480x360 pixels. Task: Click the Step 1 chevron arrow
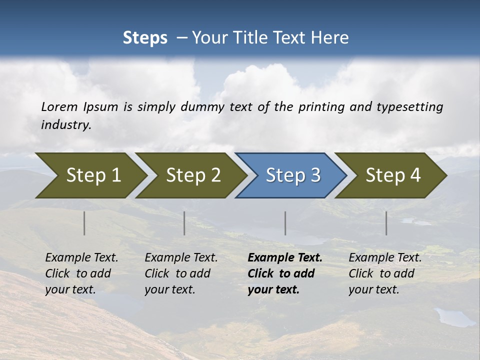point(90,175)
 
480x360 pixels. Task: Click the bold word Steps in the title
point(145,38)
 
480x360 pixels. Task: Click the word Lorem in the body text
point(59,107)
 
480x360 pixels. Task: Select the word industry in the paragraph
point(65,125)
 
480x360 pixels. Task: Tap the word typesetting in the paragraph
point(409,107)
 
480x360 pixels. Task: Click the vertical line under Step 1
point(84,223)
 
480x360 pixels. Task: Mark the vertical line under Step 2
point(184,223)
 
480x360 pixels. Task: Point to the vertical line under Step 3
point(285,223)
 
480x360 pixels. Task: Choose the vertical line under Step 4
point(386,223)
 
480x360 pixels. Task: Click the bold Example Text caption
point(285,258)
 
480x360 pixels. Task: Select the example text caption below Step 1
point(81,273)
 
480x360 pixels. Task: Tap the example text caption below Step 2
point(181,273)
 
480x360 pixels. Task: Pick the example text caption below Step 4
point(385,273)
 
